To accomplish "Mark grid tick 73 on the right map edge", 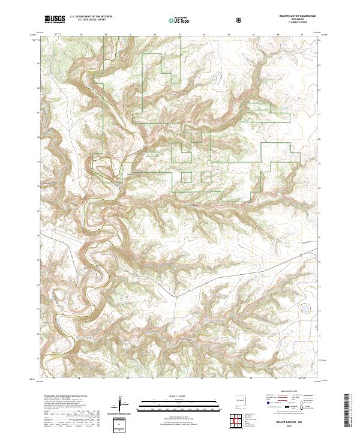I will coord(319,311).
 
